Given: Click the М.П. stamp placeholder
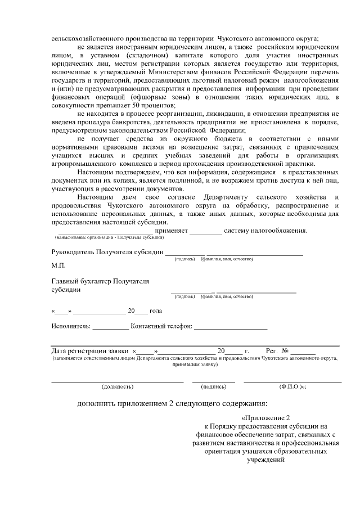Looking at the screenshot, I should [58, 264].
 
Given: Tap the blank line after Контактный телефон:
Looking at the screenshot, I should [231, 327].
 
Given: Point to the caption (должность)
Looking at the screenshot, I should [118, 387].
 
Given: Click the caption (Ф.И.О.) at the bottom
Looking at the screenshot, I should [292, 387].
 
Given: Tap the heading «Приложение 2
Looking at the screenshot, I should [264, 418].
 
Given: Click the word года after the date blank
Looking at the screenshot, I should [155, 311].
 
